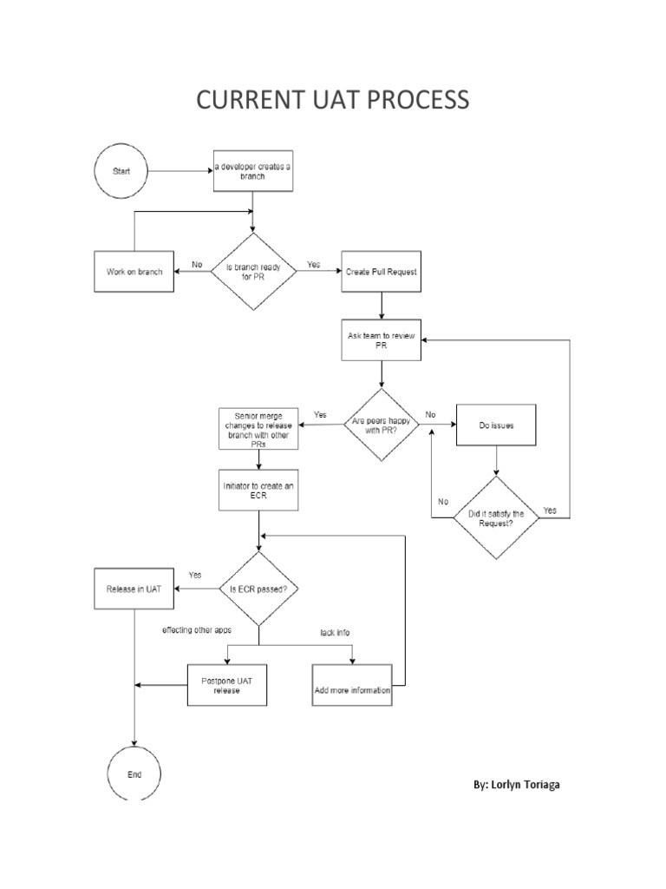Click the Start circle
click(121, 172)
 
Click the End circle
click(134, 774)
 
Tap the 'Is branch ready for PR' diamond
click(253, 272)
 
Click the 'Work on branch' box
click(134, 272)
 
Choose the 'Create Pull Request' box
click(382, 272)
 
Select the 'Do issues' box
click(495, 425)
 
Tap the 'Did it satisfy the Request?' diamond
click(495, 518)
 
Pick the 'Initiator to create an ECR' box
click(259, 490)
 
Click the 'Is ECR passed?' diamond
click(259, 589)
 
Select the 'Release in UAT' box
click(134, 589)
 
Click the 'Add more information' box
click(352, 690)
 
